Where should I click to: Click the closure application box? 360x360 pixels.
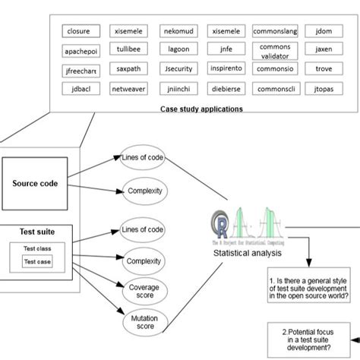[79, 32]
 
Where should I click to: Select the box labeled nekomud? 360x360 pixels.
[178, 32]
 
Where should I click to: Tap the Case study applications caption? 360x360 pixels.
[201, 109]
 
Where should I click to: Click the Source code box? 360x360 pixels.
[35, 183]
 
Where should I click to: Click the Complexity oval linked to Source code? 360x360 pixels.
[145, 191]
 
